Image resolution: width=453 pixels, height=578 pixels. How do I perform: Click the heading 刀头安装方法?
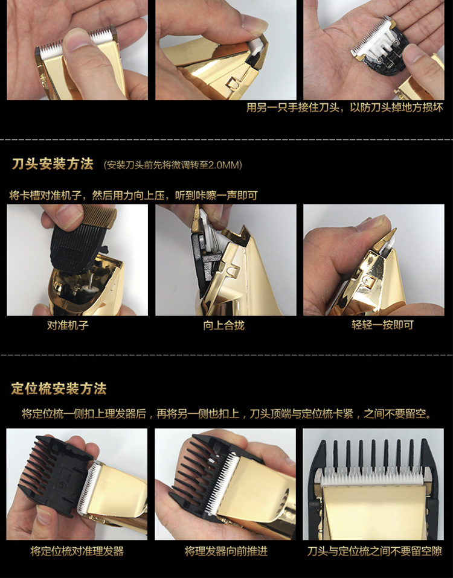(53, 164)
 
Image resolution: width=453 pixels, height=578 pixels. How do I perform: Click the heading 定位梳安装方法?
(59, 389)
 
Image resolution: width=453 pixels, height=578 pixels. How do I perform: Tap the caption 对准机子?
(68, 326)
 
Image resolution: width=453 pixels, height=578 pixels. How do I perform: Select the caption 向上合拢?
(223, 326)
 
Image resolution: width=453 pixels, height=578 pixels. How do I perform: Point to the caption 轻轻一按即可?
(374, 326)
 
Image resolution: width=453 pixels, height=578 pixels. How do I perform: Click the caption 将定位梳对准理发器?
(77, 551)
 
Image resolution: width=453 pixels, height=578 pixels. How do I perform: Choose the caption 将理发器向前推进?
(225, 551)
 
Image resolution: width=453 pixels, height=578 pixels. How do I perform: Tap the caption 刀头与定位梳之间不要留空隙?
(374, 551)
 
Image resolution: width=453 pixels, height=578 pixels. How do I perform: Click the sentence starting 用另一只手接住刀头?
(344, 109)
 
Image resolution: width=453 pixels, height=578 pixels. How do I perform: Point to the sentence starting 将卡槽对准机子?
(133, 195)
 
